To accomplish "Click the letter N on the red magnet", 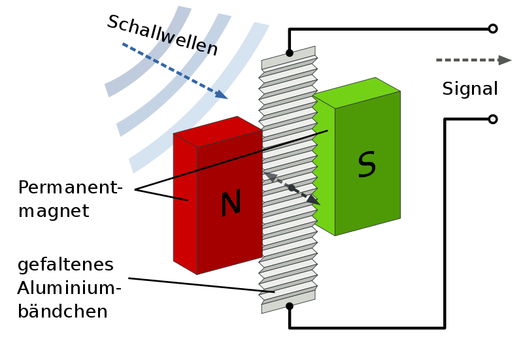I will [230, 204].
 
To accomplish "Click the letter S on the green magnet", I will [367, 165].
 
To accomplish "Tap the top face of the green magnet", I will [356, 93].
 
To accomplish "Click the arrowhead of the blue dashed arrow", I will [222, 95].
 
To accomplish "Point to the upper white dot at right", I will [493, 29].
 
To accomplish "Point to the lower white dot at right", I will [493, 119].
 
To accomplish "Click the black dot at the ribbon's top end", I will [289, 53].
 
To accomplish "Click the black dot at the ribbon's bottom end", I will [290, 305].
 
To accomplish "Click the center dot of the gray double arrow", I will [292, 188].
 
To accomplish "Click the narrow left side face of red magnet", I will [184, 203].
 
